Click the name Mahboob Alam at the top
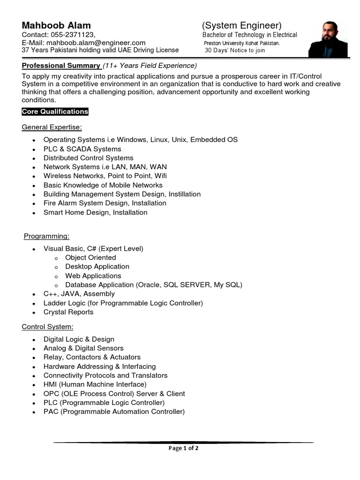pyautogui.click(x=56, y=25)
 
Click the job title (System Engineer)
pyautogui.click(x=242, y=25)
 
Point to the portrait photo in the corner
pyautogui.click(x=328, y=39)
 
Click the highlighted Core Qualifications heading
pyautogui.click(x=55, y=112)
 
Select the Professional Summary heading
pyautogui.click(x=61, y=66)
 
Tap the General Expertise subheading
pyautogui.click(x=52, y=127)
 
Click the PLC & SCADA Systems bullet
pyautogui.click(x=82, y=149)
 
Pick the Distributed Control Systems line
pyautogui.click(x=88, y=158)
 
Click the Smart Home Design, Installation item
pyautogui.click(x=95, y=212)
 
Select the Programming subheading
pyautogui.click(x=47, y=236)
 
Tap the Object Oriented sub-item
pyautogui.click(x=90, y=257)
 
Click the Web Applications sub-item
pyautogui.click(x=93, y=276)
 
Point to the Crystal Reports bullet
pyautogui.click(x=68, y=312)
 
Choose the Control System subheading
pyautogui.click(x=47, y=326)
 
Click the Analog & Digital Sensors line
pyautogui.click(x=83, y=348)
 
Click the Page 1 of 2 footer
pyautogui.click(x=183, y=448)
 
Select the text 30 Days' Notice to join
pyautogui.click(x=235, y=51)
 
